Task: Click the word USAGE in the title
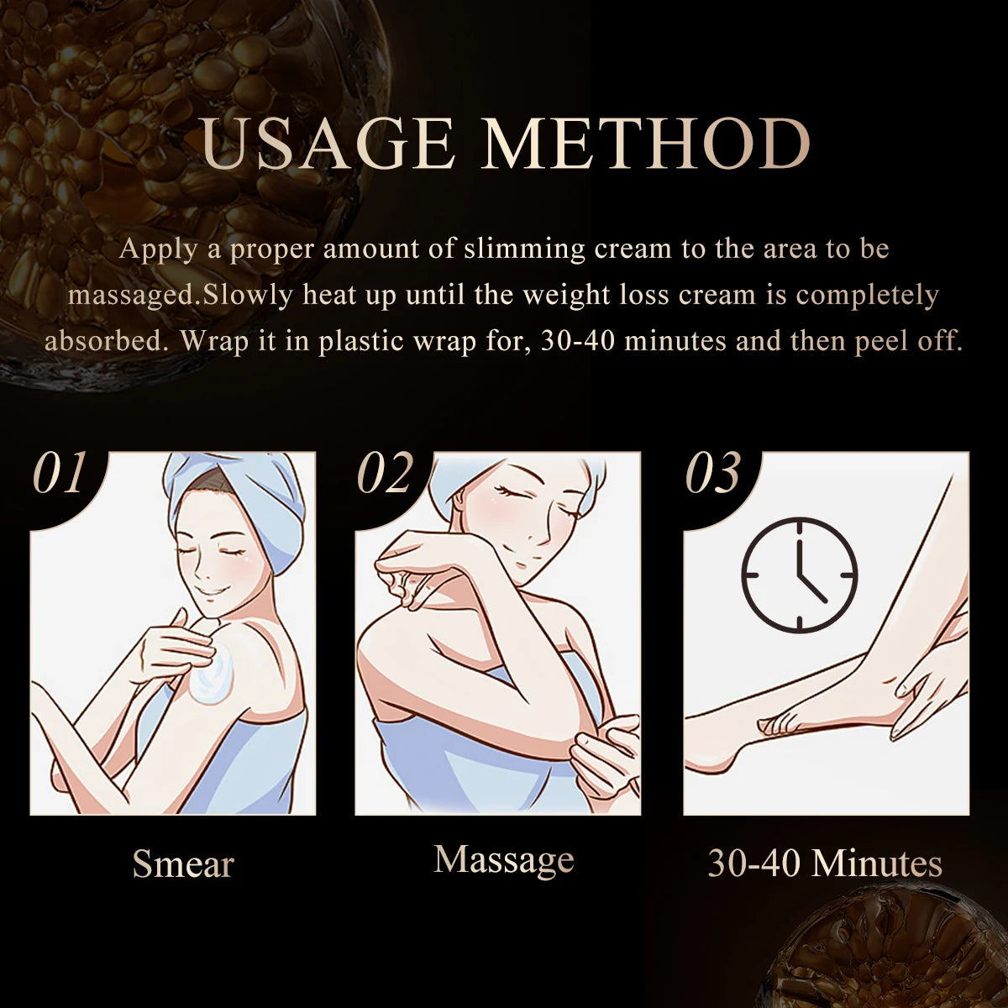tap(328, 145)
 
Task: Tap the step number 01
tap(60, 474)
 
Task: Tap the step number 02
tap(386, 474)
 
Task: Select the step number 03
tap(713, 474)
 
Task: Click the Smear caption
tap(182, 864)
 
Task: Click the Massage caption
tap(504, 858)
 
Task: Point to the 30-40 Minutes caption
tap(825, 863)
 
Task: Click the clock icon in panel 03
tap(799, 575)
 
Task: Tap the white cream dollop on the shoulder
tap(214, 679)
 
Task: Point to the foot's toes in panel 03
tap(777, 723)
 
